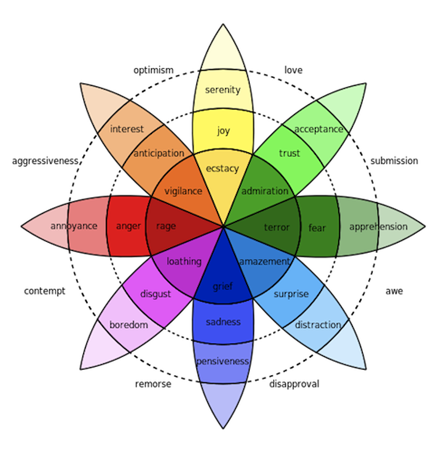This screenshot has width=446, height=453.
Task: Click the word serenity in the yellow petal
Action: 222,90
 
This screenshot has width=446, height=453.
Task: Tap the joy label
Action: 223,131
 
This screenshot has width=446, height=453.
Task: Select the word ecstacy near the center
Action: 222,169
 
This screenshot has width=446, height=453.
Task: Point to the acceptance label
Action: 319,129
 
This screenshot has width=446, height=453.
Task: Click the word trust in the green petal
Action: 289,154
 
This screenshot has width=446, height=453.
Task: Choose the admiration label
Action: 265,191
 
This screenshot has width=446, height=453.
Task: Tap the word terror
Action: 276,227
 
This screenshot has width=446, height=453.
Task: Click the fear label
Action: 317,228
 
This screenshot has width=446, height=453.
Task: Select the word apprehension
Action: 378,226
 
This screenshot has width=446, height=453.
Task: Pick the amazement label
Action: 264,262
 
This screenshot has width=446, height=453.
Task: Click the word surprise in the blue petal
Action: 291,294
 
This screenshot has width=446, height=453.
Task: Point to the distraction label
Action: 317,325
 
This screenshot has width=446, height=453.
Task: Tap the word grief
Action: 222,286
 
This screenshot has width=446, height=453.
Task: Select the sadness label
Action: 223,322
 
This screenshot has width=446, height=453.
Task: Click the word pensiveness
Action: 222,361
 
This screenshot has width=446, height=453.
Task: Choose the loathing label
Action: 184,262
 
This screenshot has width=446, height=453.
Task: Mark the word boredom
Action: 129,325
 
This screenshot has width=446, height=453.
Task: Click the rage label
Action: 166,226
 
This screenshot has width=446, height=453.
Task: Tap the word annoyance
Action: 74,226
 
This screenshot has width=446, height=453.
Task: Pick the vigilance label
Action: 183,191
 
